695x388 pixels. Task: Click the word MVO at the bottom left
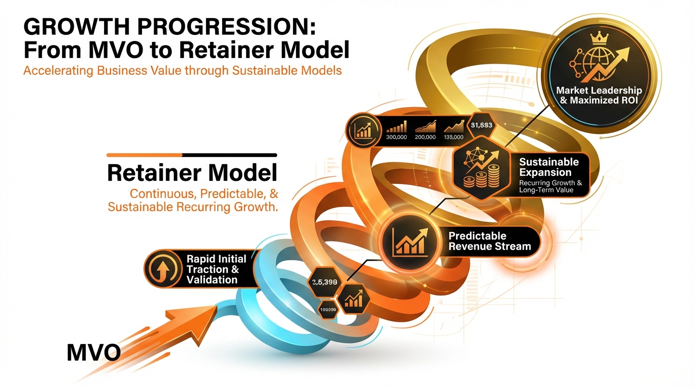pyautogui.click(x=93, y=352)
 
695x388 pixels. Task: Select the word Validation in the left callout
pyautogui.click(x=212, y=280)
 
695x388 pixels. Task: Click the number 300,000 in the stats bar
pyautogui.click(x=396, y=137)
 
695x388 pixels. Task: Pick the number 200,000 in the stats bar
pyautogui.click(x=425, y=137)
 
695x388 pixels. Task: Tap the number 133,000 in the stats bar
pyautogui.click(x=453, y=137)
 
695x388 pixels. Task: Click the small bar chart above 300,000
pyautogui.click(x=396, y=126)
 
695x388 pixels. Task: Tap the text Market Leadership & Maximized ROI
pyautogui.click(x=599, y=95)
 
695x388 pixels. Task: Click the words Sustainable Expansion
pyautogui.click(x=549, y=167)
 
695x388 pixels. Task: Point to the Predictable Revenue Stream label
pyautogui.click(x=490, y=241)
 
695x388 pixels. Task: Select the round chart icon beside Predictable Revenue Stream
pyautogui.click(x=409, y=240)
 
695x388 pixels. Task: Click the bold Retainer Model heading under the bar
pyautogui.click(x=192, y=173)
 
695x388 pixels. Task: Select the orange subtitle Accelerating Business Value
pyautogui.click(x=182, y=70)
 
